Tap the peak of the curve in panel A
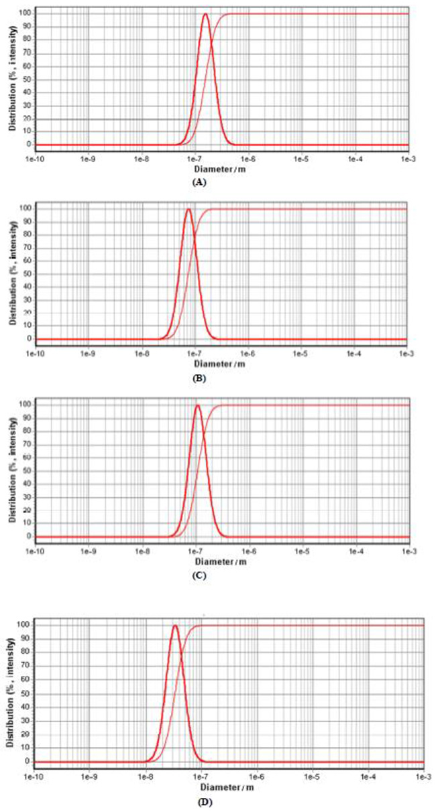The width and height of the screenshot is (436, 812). pos(205,14)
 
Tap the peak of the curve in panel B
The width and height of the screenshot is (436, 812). pos(188,210)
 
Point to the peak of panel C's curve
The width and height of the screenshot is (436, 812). pos(198,405)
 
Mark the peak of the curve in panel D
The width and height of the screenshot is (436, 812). pos(175,626)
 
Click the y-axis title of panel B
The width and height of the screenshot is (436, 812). pos(12,271)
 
